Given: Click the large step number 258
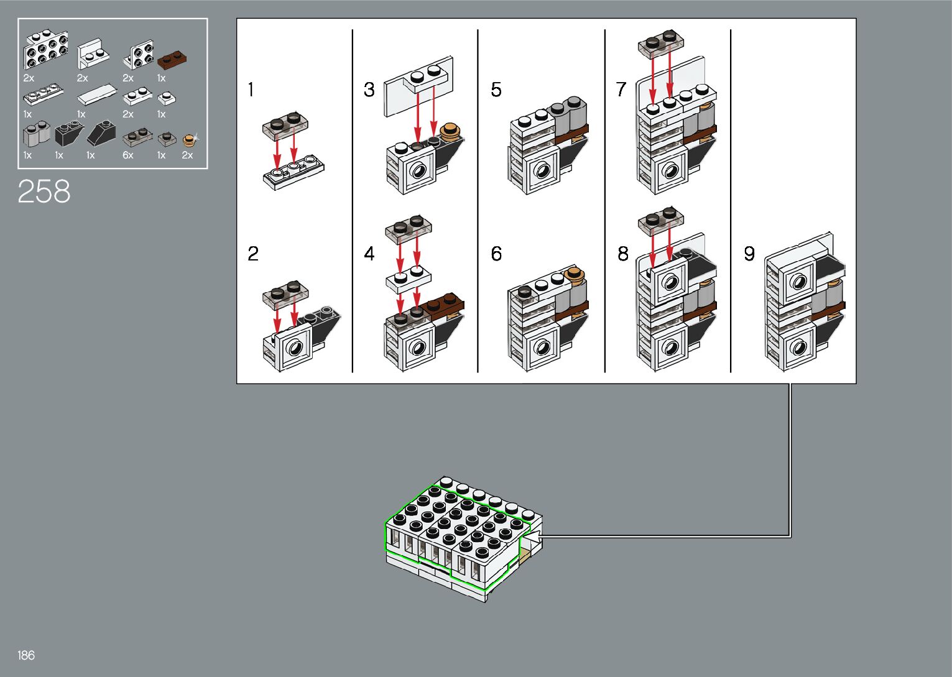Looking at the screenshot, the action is [44, 191].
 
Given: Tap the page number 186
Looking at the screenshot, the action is [26, 655].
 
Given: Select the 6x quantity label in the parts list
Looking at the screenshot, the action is [128, 155].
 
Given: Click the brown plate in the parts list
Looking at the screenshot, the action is [172, 59].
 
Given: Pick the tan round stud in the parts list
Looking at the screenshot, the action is [188, 140].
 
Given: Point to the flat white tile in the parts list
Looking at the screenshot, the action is [98, 94].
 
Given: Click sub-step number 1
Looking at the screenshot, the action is [251, 90].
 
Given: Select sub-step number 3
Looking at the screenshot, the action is [369, 90].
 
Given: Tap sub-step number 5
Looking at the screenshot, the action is [496, 90].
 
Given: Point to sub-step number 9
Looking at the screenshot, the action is [749, 254].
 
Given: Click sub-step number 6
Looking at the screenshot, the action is [496, 254].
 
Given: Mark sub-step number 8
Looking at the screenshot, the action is [622, 254].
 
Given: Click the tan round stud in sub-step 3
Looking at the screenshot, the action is [450, 131].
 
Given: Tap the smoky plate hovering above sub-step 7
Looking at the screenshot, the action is [661, 42].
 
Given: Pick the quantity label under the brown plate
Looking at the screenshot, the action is [161, 78].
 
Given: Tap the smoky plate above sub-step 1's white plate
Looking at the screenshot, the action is [285, 126].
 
